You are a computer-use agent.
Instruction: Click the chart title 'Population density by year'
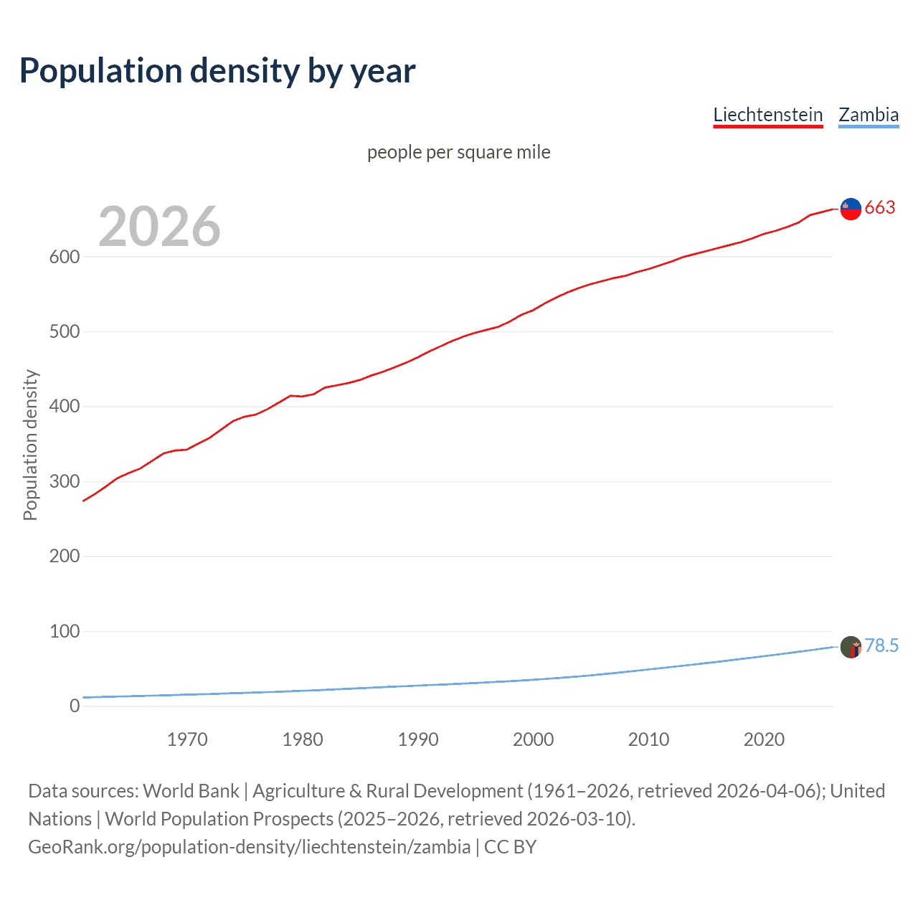point(217,71)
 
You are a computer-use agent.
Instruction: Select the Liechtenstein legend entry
point(767,115)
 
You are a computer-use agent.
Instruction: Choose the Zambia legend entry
point(868,115)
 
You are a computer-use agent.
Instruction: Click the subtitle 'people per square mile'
point(458,152)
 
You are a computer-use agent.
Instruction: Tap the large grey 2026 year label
point(159,227)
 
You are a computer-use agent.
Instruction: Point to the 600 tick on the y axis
point(65,257)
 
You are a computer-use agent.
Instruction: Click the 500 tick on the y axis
point(65,332)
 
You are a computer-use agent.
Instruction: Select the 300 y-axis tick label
point(65,481)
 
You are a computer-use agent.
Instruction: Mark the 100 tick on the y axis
point(65,631)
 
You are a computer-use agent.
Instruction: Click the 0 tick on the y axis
point(75,706)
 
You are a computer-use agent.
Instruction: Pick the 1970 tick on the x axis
point(187,739)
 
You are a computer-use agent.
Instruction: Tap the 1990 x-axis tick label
point(418,739)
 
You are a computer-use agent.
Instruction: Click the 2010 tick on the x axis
point(648,739)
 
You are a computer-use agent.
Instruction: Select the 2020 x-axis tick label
point(764,739)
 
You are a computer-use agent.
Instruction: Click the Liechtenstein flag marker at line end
point(851,209)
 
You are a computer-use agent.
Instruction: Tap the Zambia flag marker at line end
point(851,647)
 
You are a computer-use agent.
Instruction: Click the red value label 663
point(880,208)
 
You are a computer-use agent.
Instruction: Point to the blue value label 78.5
point(881,646)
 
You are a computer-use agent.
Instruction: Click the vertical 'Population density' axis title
point(30,445)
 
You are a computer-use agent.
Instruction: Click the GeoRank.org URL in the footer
point(249,847)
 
